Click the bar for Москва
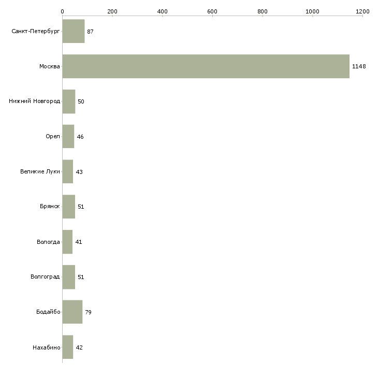pyautogui.click(x=206, y=66)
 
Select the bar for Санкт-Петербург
pyautogui.click(x=73, y=31)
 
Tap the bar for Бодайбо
pyautogui.click(x=72, y=312)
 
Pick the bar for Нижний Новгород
pyautogui.click(x=68, y=101)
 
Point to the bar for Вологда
pyautogui.click(x=67, y=242)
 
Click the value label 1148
pyautogui.click(x=359, y=66)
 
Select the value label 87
pyautogui.click(x=90, y=32)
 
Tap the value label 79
pyautogui.click(x=88, y=312)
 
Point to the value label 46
pyautogui.click(x=80, y=137)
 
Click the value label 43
pyautogui.click(x=79, y=172)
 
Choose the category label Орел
pyautogui.click(x=52, y=137)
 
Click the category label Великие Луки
pyautogui.click(x=40, y=172)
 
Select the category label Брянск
pyautogui.click(x=50, y=207)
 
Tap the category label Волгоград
pyautogui.click(x=45, y=277)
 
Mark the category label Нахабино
pyautogui.click(x=46, y=347)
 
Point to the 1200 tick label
pyautogui.click(x=362, y=11)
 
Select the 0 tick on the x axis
pyautogui.click(x=62, y=11)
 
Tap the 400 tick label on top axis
pyautogui.click(x=162, y=11)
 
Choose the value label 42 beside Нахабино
pyautogui.click(x=79, y=347)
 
